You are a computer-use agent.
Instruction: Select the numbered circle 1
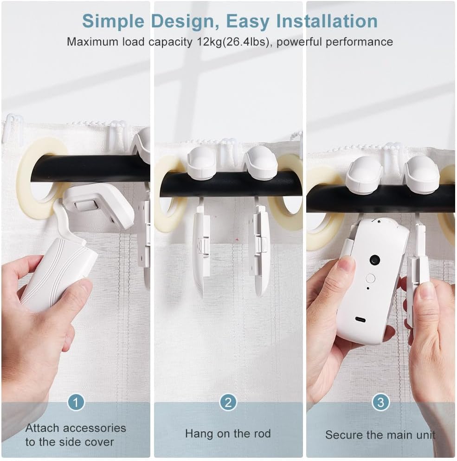(x=76, y=402)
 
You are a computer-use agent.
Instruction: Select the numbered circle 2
(x=228, y=402)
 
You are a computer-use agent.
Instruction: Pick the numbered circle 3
(x=380, y=402)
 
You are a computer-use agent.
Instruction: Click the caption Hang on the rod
(x=228, y=434)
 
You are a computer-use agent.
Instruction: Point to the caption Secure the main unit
(x=380, y=435)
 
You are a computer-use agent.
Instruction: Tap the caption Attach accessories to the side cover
(x=75, y=435)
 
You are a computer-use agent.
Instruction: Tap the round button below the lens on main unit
(x=370, y=279)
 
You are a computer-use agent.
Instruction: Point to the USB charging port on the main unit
(x=360, y=320)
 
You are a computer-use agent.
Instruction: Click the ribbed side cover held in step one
(x=58, y=274)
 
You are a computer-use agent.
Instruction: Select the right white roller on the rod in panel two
(x=261, y=162)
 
